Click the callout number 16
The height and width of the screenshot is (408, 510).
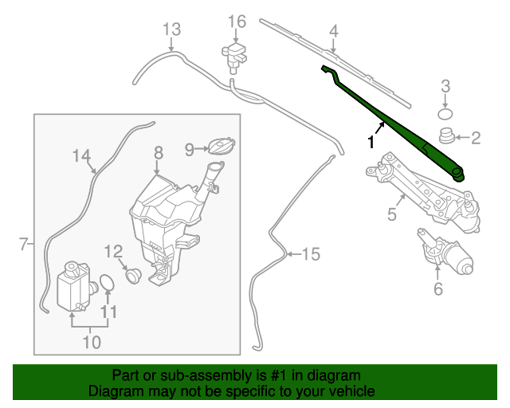pos(237,21)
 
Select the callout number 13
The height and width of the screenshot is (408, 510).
pos(172,30)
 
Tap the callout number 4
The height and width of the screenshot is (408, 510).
pos(334,31)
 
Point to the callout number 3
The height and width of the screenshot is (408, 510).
pos(446,86)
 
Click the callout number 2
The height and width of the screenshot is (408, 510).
pos(476,139)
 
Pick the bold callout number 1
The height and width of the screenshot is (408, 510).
pos(371,142)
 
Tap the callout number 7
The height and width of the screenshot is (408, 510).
pos(23,244)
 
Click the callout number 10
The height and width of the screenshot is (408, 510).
pos(92,343)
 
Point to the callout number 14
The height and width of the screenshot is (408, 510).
pos(83,156)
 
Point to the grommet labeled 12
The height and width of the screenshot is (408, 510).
pos(131,275)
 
